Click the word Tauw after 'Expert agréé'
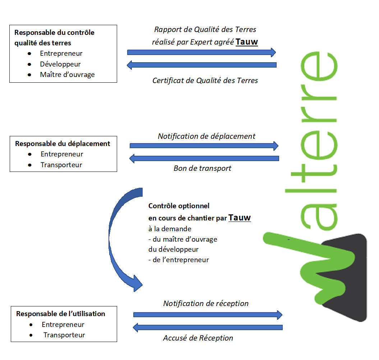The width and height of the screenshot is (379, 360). [246, 42]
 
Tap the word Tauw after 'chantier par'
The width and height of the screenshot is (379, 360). [240, 218]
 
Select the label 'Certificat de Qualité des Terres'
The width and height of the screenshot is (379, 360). [205, 81]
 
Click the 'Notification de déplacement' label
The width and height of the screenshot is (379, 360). [207, 136]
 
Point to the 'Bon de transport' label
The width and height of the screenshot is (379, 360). [202, 168]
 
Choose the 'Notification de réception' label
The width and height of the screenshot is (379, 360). [206, 304]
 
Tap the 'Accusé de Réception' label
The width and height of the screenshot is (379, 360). [198, 338]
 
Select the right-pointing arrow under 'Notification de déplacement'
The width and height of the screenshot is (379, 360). [204, 146]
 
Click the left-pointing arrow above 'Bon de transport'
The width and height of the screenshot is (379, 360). [204, 159]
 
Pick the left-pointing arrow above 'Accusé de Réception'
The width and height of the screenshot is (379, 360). [208, 327]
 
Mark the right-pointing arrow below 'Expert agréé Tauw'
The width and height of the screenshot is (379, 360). [202, 52]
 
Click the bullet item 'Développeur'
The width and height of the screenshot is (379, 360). [60, 64]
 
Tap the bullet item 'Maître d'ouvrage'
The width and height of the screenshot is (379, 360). [67, 74]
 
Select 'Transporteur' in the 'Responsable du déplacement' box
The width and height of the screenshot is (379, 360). [61, 165]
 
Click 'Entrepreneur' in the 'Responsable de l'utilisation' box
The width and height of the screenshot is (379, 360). [63, 324]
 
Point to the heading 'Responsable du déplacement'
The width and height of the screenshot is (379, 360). [63, 144]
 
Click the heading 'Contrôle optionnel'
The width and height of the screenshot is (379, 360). [179, 206]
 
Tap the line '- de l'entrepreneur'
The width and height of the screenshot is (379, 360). [179, 260]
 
